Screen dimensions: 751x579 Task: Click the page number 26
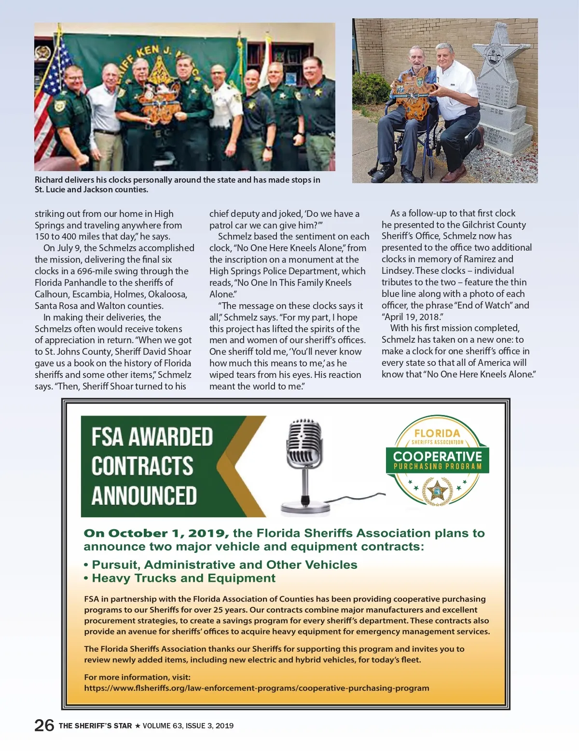tap(44, 725)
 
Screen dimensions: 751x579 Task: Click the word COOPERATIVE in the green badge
tap(437, 456)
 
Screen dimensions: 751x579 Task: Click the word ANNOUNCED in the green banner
tap(144, 496)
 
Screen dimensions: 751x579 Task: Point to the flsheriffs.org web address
tap(256, 688)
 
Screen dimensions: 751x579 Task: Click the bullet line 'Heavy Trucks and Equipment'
tap(183, 578)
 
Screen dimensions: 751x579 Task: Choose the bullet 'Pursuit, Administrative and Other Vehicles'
tap(224, 564)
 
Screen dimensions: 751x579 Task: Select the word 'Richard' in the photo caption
tap(49, 180)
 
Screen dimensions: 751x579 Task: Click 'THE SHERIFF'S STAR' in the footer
tap(95, 725)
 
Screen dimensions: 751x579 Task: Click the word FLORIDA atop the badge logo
tap(437, 433)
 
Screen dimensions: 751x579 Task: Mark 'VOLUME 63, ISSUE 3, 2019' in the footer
tap(188, 725)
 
